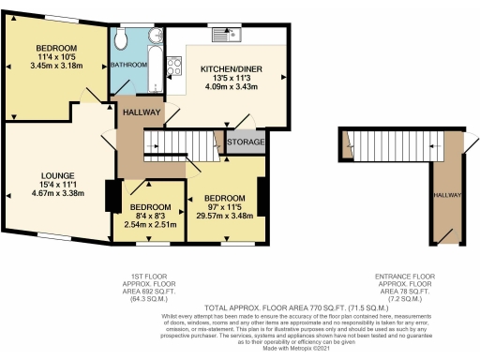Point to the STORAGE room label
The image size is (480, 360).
tap(246, 142)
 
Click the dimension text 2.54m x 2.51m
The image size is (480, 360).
tap(149, 225)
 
